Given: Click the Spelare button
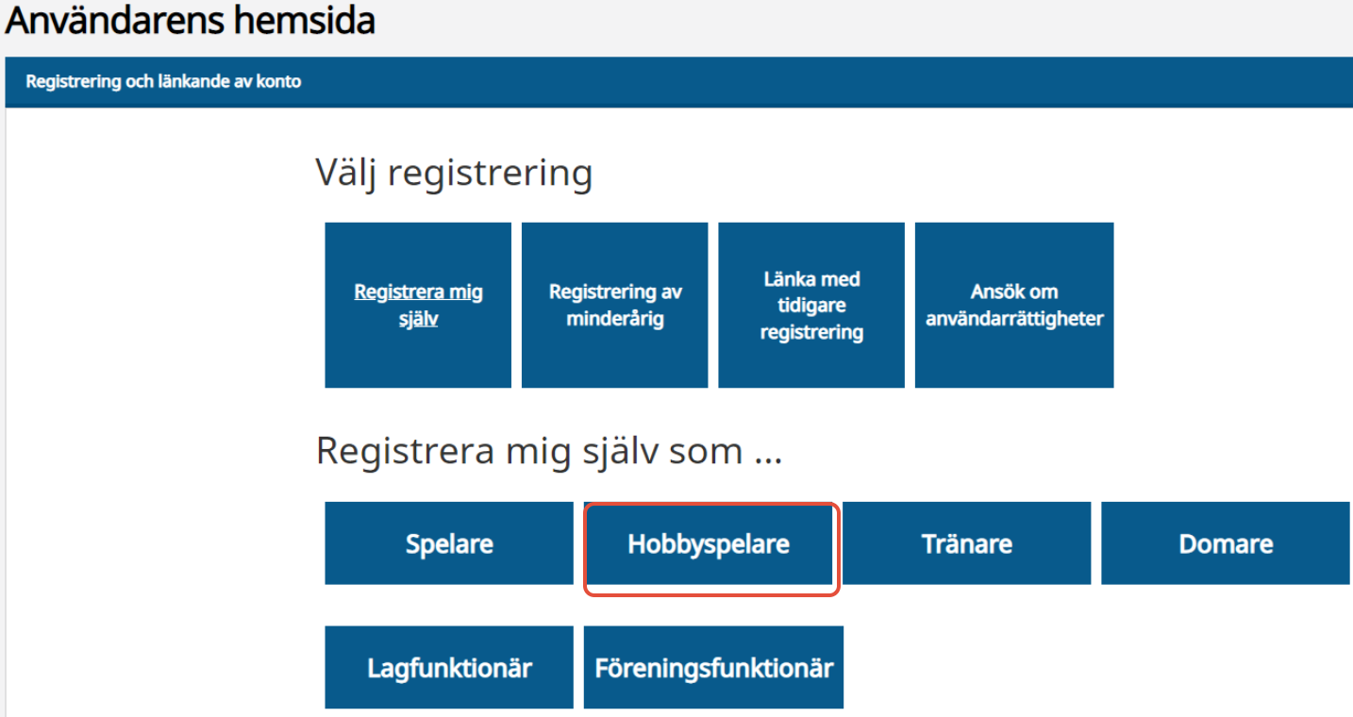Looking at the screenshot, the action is click(449, 543).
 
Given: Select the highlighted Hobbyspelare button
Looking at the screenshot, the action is click(710, 544).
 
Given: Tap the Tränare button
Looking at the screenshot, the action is click(966, 543).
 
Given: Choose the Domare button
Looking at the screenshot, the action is click(1225, 543).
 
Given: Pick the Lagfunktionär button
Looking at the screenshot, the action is click(449, 667).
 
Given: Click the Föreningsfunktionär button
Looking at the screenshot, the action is click(713, 667).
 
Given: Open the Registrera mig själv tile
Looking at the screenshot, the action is click(418, 305).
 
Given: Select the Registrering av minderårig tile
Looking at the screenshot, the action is click(615, 305).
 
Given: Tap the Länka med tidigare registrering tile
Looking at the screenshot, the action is click(811, 305).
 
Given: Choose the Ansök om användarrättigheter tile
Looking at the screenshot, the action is click(1014, 305).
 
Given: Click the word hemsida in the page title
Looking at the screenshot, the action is click(305, 20).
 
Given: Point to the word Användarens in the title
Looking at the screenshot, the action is click(115, 20).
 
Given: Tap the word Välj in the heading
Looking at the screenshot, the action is click(346, 173).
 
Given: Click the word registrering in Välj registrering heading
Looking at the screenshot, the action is click(490, 174).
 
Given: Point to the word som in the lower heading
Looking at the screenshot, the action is click(706, 451).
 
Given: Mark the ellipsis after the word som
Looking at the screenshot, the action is click(768, 460).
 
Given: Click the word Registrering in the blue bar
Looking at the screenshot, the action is click(73, 81).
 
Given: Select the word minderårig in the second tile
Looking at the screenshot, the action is click(615, 318).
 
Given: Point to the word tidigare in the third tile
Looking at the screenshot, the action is click(811, 306).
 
